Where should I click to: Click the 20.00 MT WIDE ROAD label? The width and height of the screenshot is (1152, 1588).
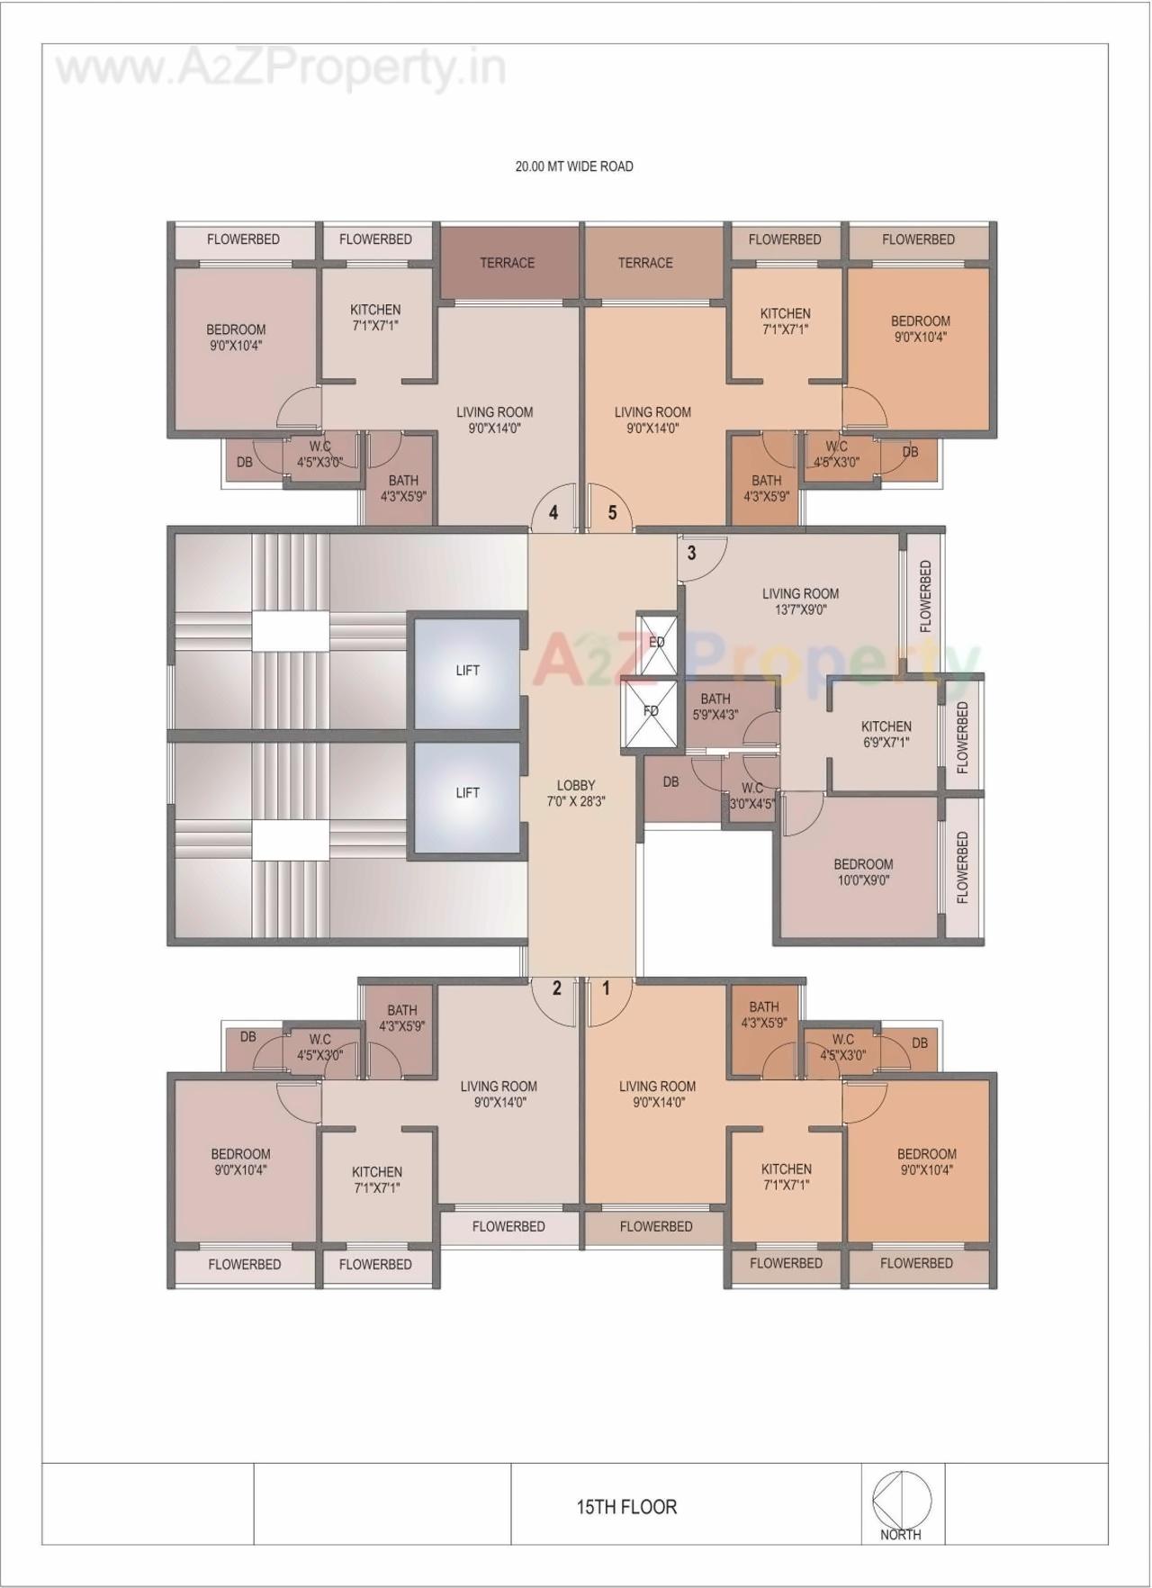[x=573, y=167]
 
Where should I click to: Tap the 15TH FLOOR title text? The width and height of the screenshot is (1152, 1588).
[x=626, y=1506]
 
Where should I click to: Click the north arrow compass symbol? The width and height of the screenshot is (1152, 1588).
[x=901, y=1500]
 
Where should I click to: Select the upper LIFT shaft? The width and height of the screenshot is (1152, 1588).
[x=467, y=671]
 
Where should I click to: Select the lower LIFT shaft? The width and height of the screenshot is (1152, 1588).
[x=467, y=793]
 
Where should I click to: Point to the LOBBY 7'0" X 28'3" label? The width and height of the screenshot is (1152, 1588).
[x=576, y=792]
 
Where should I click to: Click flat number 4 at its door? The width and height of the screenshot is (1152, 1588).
[x=553, y=512]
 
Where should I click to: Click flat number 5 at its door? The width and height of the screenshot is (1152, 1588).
[x=613, y=512]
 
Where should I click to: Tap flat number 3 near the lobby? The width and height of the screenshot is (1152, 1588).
[x=691, y=552]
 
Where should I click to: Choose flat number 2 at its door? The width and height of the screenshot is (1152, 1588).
[x=557, y=988]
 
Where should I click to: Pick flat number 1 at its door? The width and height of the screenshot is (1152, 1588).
[x=606, y=988]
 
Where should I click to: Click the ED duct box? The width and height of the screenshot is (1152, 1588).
[x=656, y=642]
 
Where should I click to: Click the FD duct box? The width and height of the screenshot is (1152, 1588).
[x=651, y=711]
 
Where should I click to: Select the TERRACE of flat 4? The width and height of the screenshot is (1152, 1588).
[x=507, y=263]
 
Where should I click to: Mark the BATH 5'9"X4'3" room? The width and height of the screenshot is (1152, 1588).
[x=715, y=707]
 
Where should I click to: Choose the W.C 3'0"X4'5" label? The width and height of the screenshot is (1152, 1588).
[x=752, y=796]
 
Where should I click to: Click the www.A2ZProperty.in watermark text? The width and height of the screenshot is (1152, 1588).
[x=281, y=68]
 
